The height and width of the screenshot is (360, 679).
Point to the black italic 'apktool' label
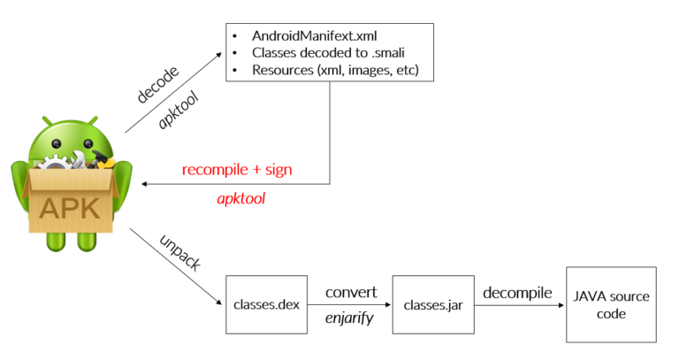click(x=178, y=110)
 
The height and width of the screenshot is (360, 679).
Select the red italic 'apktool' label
click(x=241, y=199)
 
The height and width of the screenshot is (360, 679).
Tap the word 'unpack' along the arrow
click(x=182, y=253)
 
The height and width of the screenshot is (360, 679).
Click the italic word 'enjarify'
click(x=349, y=319)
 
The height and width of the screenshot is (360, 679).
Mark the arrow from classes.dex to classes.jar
click(x=348, y=306)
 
